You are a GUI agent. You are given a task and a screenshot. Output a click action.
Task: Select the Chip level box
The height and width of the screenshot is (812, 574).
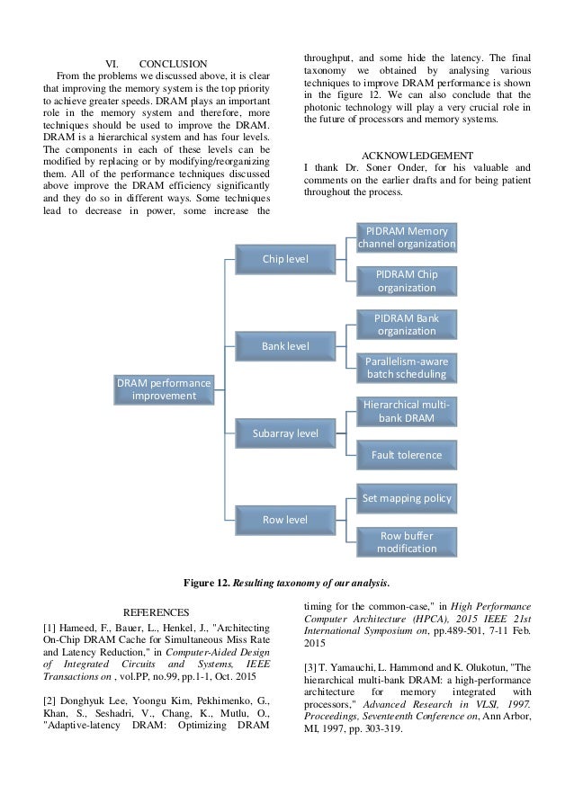tap(284, 260)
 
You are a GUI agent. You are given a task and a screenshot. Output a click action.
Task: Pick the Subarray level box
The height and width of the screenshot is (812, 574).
tap(284, 433)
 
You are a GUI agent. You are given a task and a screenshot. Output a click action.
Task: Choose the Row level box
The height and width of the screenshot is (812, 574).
tap(284, 519)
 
